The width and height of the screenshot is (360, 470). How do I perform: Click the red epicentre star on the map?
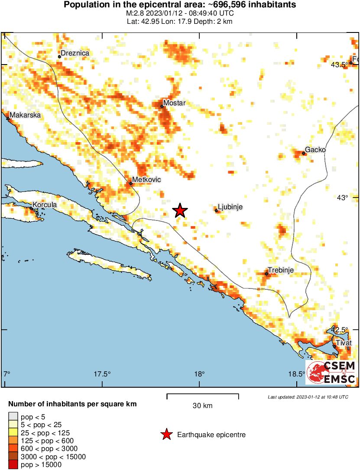tap(180, 211)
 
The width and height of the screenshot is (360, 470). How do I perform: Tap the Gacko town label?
tap(315, 150)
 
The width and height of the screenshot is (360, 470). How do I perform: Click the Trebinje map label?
tap(281, 270)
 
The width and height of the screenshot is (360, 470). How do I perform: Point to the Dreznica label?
tap(75, 53)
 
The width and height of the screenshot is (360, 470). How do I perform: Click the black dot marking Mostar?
tap(162, 106)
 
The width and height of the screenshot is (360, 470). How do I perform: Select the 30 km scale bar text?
tap(203, 406)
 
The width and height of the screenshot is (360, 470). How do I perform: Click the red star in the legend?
tap(166, 434)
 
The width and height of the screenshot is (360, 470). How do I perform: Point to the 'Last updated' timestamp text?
tap(308, 397)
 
